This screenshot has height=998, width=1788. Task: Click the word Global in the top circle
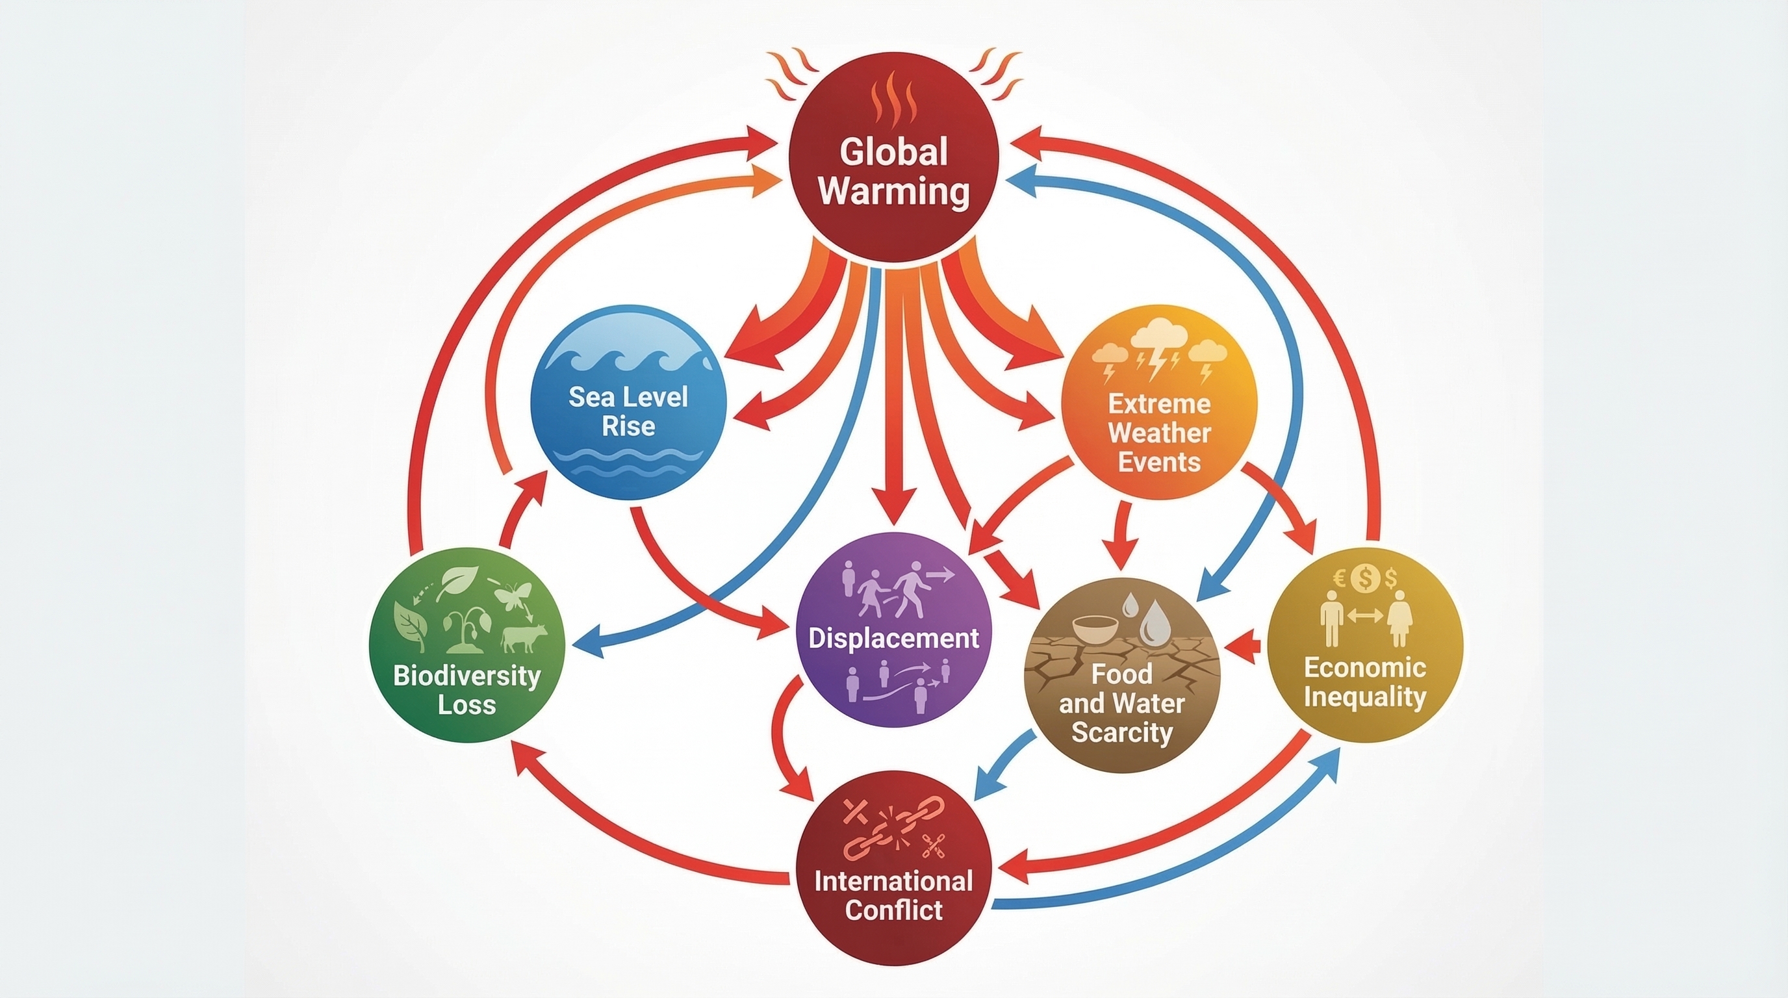[x=893, y=152]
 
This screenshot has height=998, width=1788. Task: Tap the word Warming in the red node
[x=893, y=191]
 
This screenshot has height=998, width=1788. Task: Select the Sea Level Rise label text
[x=628, y=411]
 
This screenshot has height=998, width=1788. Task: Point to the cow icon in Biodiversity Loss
[x=524, y=637]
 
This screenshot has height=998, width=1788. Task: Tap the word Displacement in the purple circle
[x=894, y=638]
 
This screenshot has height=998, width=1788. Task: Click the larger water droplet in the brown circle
[x=1155, y=621]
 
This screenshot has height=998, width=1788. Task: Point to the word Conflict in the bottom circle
[x=894, y=909]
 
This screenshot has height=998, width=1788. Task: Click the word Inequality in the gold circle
[x=1364, y=696]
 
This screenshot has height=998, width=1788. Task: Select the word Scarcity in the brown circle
[x=1121, y=732]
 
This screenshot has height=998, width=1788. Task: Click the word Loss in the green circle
[x=466, y=704]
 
